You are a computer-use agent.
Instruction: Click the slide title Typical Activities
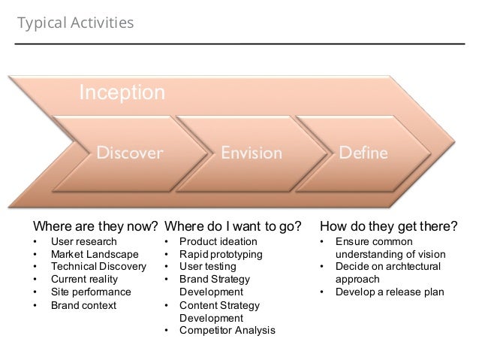pyautogui.click(x=75, y=24)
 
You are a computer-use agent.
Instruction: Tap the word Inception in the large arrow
pyautogui.click(x=122, y=93)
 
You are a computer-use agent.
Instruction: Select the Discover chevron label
pyautogui.click(x=128, y=153)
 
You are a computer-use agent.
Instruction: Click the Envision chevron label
pyautogui.click(x=251, y=153)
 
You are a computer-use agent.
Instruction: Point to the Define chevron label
pyautogui.click(x=363, y=153)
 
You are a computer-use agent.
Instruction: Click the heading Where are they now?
pyautogui.click(x=95, y=226)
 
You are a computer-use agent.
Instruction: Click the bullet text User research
pyautogui.click(x=83, y=242)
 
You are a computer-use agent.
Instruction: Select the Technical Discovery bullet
pyautogui.click(x=98, y=267)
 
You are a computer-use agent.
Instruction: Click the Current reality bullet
pyautogui.click(x=85, y=280)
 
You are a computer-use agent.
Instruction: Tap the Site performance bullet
pyautogui.click(x=90, y=292)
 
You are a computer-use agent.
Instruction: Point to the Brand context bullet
pyautogui.click(x=83, y=305)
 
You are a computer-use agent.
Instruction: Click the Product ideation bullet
pyautogui.click(x=218, y=242)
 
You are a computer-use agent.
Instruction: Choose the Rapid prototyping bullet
pyautogui.click(x=221, y=255)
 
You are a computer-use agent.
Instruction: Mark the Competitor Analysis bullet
pyautogui.click(x=227, y=331)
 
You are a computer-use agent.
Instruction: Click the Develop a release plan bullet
pyautogui.click(x=390, y=292)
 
